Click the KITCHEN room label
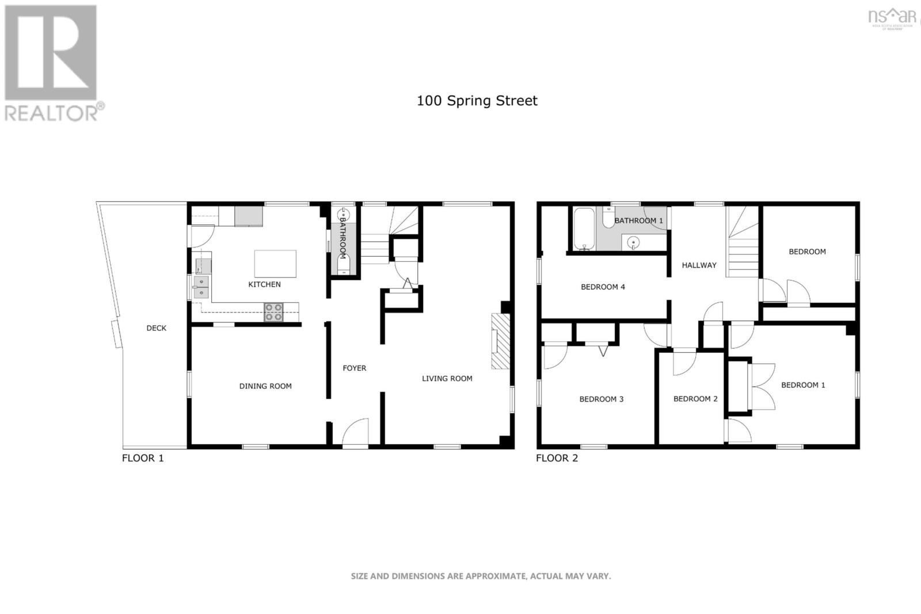tap(264, 284)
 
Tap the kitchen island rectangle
tap(275, 264)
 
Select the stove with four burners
tap(273, 312)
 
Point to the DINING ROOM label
tap(265, 386)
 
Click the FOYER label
tap(354, 368)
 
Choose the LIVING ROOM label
tap(447, 379)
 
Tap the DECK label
tap(156, 328)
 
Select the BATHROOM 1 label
tap(638, 221)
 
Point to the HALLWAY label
tap(699, 265)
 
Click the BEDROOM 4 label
tap(603, 287)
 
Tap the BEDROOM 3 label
tap(601, 399)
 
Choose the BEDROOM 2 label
tap(695, 399)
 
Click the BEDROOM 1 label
tap(802, 385)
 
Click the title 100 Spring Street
tap(477, 101)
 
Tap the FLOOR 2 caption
tap(557, 458)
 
